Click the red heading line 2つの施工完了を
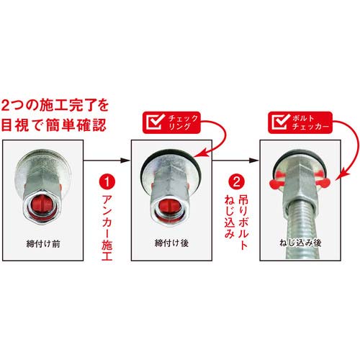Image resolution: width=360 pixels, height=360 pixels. tap(55, 106)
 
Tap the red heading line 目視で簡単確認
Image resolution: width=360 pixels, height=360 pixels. tap(54, 125)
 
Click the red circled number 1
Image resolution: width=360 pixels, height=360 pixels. tap(107, 181)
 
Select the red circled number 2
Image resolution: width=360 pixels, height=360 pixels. tap(237, 181)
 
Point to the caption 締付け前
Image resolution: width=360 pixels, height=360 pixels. tap(43, 244)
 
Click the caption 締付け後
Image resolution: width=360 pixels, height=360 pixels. tap(171, 243)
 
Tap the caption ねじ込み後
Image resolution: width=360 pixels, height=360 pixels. tap(300, 243)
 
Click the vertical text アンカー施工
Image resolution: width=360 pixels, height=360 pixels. tap(107, 228)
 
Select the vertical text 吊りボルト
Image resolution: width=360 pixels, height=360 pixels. tap(243, 222)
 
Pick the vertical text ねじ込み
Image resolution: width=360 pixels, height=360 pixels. tap(230, 217)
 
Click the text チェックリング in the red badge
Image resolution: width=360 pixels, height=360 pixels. tap(183, 122)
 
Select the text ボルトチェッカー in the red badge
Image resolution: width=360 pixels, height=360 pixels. tap(310, 122)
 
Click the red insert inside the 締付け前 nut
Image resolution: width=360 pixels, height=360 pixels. tap(42, 206)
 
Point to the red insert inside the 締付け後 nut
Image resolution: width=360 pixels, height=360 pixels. tap(171, 208)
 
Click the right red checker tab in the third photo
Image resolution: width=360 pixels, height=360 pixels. tap(323, 182)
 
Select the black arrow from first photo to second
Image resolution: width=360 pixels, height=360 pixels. tap(107, 160)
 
